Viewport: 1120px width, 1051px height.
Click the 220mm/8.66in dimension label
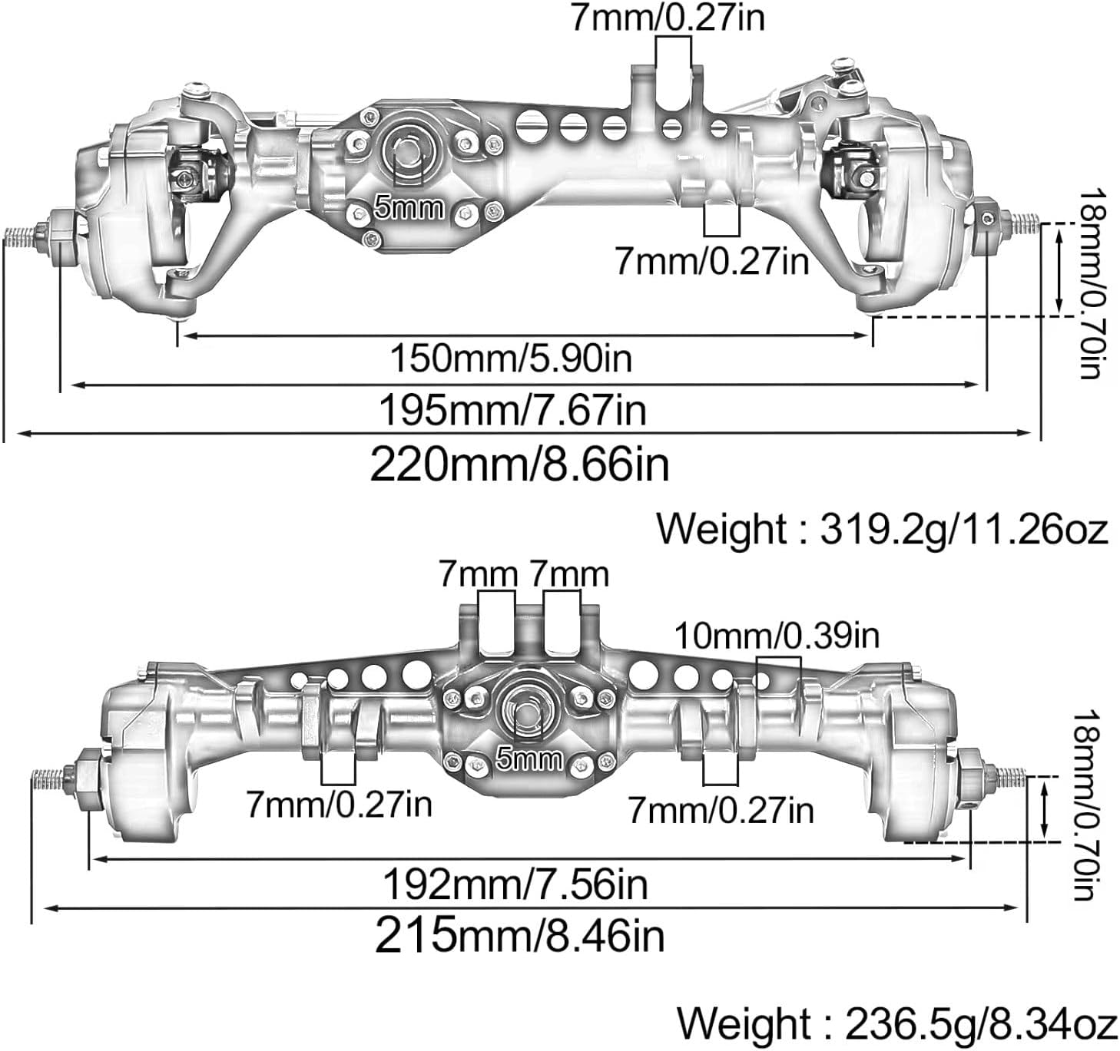click(x=519, y=464)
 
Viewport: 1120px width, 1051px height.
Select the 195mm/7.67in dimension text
click(x=512, y=410)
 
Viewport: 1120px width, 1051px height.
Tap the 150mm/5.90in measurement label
click(x=511, y=358)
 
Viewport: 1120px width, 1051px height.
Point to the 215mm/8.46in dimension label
click(x=519, y=936)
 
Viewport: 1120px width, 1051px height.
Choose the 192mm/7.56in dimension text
click(x=515, y=884)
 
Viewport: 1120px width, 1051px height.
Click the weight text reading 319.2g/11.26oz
click(x=882, y=529)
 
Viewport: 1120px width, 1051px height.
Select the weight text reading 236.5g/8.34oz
click(x=896, y=1024)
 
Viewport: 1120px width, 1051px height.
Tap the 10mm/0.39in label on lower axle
click(x=777, y=636)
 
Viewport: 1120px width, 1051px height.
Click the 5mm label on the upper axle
click(x=409, y=208)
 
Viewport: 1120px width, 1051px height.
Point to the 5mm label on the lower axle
click(x=529, y=759)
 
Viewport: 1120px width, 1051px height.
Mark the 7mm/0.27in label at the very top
click(x=668, y=18)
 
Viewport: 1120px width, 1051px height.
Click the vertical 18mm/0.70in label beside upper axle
click(x=1092, y=283)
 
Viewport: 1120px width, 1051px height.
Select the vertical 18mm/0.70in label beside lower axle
click(x=1089, y=804)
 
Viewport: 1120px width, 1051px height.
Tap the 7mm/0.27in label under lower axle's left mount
click(x=339, y=805)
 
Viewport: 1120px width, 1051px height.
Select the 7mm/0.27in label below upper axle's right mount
click(x=711, y=262)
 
